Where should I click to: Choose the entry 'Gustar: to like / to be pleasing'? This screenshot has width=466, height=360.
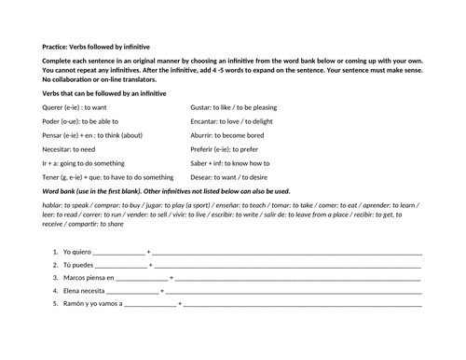(239, 107)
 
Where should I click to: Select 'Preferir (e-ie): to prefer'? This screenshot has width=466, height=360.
(227, 148)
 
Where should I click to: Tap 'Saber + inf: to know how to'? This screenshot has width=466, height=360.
(230, 162)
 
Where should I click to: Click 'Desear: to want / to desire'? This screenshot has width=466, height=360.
(231, 176)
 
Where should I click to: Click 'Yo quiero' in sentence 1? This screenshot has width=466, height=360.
(76, 252)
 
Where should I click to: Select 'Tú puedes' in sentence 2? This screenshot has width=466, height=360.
(77, 265)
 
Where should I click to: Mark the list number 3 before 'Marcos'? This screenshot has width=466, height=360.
(55, 278)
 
